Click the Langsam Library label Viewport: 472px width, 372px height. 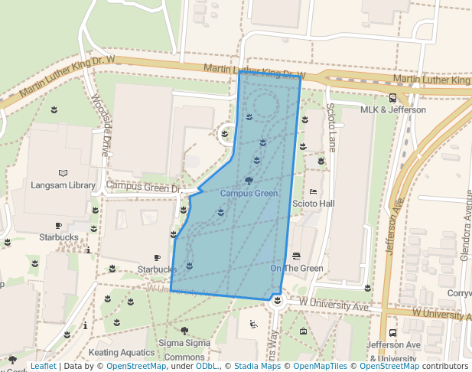tap(63, 185)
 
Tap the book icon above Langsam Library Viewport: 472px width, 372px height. tap(63, 173)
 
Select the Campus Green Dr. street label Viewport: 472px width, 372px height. tap(143, 186)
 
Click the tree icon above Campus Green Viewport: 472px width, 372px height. tap(249, 181)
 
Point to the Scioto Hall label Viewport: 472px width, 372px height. tap(314, 204)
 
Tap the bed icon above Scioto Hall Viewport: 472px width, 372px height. tap(313, 191)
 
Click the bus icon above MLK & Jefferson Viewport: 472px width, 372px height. tap(392, 97)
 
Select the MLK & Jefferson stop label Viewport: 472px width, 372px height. tap(392, 109)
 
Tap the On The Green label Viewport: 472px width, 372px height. tap(297, 268)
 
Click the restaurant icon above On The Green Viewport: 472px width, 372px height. tap(297, 256)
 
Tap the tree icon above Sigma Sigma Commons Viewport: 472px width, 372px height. tap(184, 331)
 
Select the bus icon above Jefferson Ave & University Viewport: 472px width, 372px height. tap(392, 333)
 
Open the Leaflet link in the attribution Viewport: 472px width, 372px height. tap(43, 367)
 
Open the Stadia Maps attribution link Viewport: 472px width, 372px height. tap(257, 367)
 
